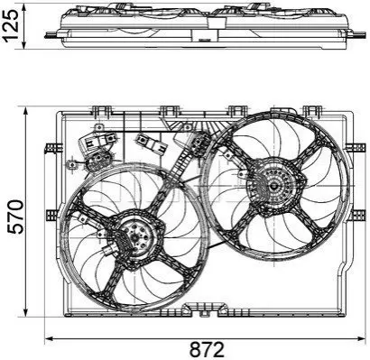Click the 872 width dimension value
tap(207, 350)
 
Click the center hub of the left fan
tap(135, 236)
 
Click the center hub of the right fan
tap(273, 186)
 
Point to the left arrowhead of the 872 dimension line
tap(49, 338)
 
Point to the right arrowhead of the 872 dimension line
tap(360, 338)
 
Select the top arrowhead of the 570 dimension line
tap(26, 111)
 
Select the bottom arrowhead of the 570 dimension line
tap(26, 311)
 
